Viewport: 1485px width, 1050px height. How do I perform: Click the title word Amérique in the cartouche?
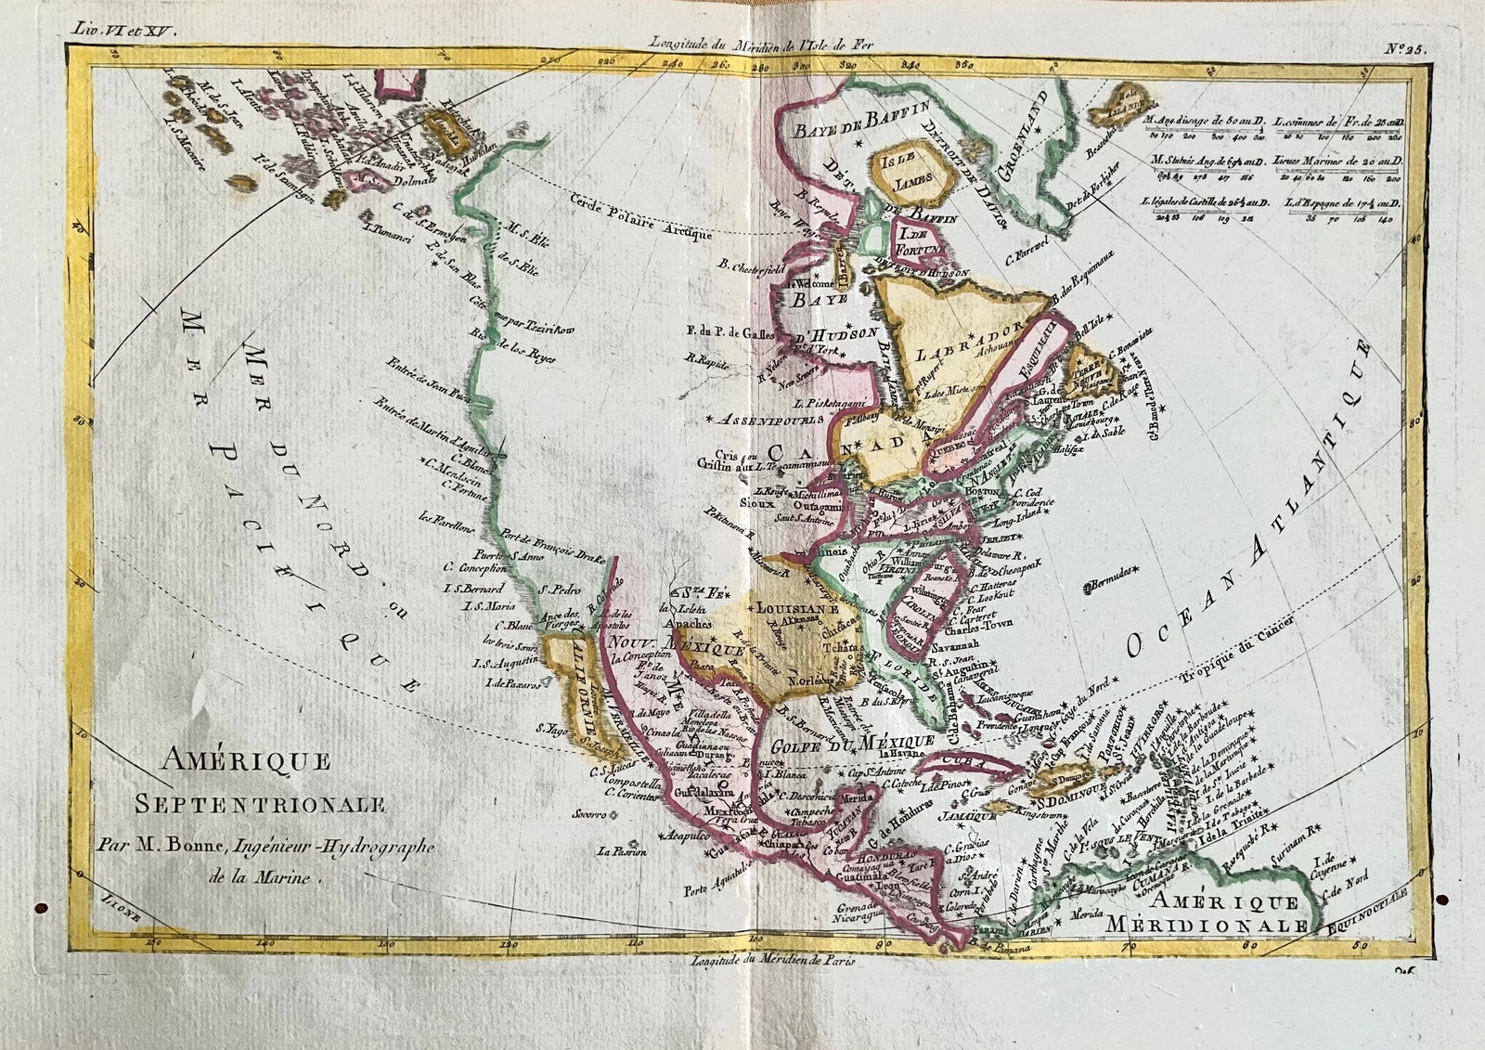246,763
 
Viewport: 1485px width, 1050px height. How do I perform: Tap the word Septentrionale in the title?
259,805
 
